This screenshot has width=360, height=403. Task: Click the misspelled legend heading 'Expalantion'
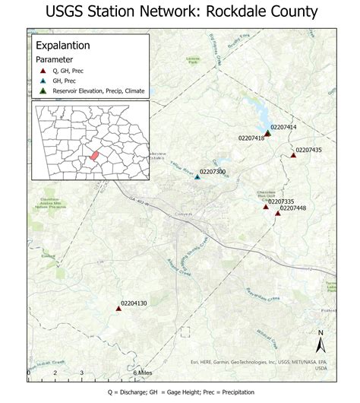point(63,45)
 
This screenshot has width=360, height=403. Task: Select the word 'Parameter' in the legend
point(55,58)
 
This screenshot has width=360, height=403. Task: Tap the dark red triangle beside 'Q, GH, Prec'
point(43,69)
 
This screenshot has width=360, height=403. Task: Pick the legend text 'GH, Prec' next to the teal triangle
point(65,80)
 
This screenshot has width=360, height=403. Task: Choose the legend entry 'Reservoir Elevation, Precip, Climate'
point(95,90)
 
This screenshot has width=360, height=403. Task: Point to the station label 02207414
point(283,127)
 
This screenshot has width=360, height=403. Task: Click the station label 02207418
point(251,138)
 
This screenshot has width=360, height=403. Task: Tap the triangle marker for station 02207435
point(293,155)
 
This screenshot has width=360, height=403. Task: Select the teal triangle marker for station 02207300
point(197,176)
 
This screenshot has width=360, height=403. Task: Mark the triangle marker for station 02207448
point(278,214)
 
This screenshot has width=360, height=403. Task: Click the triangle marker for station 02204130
point(118,308)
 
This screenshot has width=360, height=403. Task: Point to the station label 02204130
point(134,303)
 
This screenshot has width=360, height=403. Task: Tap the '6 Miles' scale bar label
point(142,373)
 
